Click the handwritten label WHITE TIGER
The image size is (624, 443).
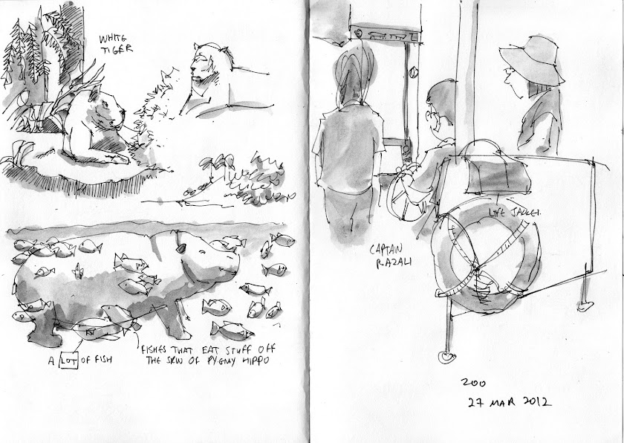pos(115,44)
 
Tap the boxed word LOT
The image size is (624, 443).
pos(69,360)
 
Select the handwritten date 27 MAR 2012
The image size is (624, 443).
pos(510,401)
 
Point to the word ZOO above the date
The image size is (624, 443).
pos(473,383)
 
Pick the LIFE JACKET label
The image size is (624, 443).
pos(514,213)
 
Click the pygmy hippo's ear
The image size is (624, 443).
pos(181,248)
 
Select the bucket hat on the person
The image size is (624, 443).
pos(533,59)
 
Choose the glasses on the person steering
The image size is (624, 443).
pos(431,116)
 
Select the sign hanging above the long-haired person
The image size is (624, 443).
pos(386,34)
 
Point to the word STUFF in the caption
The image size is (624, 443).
pos(238,350)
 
